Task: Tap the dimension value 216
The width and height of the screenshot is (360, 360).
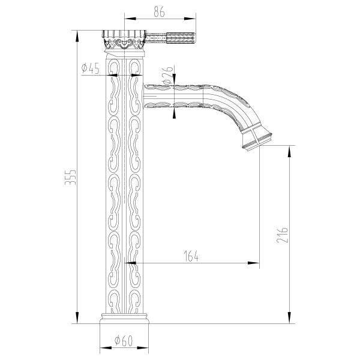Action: tap(283, 235)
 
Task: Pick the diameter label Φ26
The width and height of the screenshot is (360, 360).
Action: tap(167, 74)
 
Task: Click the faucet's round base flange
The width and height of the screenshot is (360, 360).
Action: tap(125, 318)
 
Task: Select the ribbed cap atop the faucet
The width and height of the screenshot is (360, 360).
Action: tap(125, 34)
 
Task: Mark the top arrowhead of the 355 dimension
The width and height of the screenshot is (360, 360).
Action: tap(77, 34)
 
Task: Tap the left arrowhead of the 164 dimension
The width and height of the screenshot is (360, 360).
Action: tap(128, 263)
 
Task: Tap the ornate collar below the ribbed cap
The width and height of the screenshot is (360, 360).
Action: tap(125, 44)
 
